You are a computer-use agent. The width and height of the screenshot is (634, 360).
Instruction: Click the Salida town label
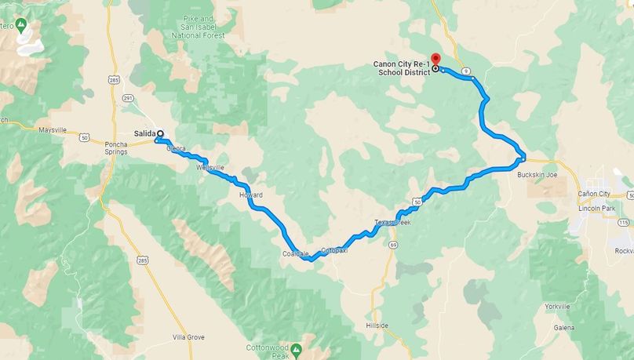(144, 133)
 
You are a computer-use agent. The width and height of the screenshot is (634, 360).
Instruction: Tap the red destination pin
(435, 60)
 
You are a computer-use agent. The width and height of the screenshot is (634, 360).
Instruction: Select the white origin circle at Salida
(159, 133)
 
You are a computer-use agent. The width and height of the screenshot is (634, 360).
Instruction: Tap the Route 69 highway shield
(392, 245)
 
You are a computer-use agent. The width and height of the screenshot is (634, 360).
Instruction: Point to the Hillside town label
(377, 324)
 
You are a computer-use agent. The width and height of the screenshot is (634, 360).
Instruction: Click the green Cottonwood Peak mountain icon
(297, 348)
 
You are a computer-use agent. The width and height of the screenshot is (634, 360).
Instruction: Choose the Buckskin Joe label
(537, 175)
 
